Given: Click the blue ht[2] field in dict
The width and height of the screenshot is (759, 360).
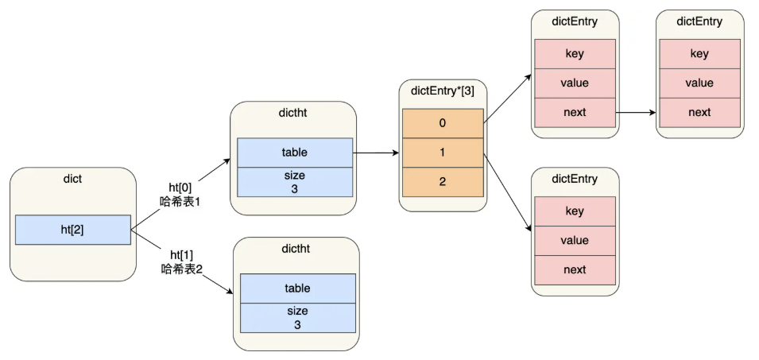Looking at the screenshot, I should pos(72,230).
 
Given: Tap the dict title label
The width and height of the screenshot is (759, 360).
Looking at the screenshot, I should pos(72,180).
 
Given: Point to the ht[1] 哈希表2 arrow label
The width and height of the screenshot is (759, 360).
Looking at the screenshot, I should pos(182,261).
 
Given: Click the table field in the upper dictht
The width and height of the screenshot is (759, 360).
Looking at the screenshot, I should pos(294,153).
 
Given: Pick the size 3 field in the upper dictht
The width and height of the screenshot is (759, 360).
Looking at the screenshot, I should pos(294,182).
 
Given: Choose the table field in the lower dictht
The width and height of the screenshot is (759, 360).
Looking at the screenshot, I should pos(297,288).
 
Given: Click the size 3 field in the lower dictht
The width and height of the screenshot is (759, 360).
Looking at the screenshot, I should pos(297,318).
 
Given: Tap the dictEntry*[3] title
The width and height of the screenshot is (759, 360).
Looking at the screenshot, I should pos(443,91).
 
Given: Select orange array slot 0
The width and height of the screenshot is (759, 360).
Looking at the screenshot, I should pos(443,123).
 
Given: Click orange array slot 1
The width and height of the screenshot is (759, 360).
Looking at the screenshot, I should pos(443,153).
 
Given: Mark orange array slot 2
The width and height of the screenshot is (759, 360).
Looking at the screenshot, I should pos(443,182).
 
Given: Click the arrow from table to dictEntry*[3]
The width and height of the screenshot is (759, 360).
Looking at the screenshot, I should pos(376,153).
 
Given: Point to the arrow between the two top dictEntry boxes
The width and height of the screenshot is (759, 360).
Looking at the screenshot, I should pos(636,112).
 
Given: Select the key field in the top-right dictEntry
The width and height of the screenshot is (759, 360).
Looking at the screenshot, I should pos(699,54).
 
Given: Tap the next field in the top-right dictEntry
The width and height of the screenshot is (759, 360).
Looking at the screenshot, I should pos(699,112).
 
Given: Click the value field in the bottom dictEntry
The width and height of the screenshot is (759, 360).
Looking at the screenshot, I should pos(575,240).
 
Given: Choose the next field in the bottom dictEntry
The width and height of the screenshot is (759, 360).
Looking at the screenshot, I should pos(575,269).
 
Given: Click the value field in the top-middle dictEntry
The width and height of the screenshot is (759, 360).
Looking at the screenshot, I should pos(575,83).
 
